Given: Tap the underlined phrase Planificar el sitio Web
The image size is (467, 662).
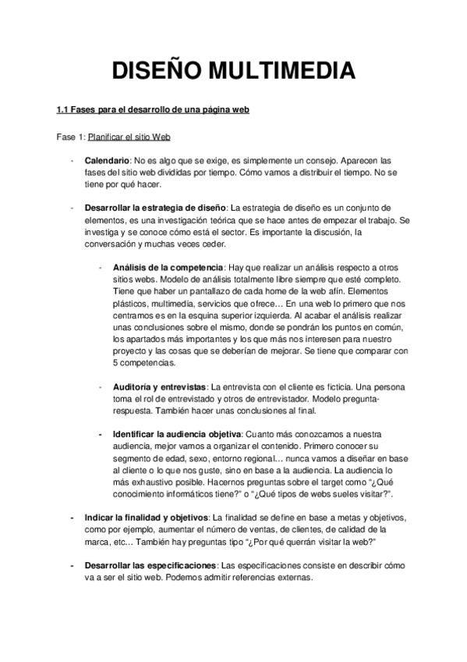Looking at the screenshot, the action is coord(129,136).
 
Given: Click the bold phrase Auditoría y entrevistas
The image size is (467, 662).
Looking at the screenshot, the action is coord(160,386).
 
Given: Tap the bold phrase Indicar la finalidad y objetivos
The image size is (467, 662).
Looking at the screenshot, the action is coord(146,518).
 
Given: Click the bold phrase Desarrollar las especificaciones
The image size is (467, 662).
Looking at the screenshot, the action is coord(151,565).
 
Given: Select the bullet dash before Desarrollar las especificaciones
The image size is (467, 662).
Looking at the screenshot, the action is coord(72,565).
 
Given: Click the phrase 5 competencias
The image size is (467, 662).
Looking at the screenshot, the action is coord(144,363).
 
